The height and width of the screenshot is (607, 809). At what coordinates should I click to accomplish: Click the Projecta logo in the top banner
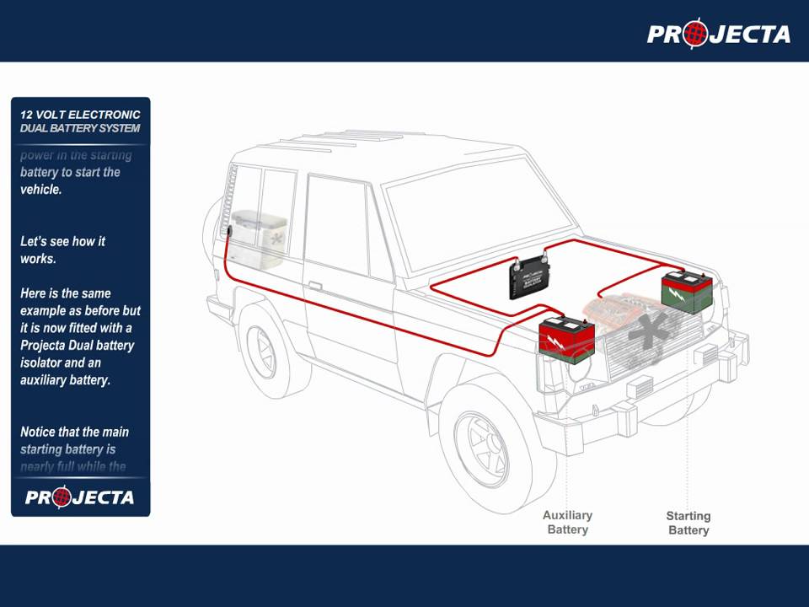pos(718,34)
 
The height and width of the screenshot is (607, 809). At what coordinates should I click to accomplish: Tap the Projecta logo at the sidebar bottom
pos(79,497)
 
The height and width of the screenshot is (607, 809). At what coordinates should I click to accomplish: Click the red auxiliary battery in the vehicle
pos(566,339)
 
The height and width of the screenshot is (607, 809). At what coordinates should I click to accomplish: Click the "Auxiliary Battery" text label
pos(567,522)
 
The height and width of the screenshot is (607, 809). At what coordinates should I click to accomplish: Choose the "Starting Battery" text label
pos(688,523)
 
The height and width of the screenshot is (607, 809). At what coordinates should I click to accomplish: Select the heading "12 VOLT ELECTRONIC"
pos(80,114)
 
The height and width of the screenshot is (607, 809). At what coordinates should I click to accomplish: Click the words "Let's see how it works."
pos(62,250)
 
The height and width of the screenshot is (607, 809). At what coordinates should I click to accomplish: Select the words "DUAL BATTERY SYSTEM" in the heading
pos(80,128)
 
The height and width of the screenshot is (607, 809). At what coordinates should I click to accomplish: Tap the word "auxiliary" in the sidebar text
pos(47,380)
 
